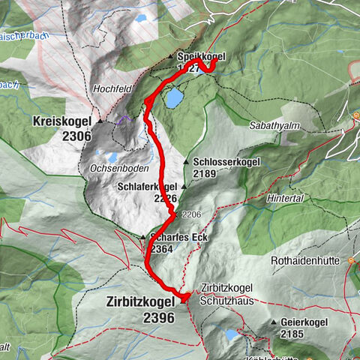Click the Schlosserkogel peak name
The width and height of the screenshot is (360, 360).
[x=226, y=161]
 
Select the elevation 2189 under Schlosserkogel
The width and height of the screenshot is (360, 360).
[x=204, y=173]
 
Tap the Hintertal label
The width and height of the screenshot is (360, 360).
[x=285, y=198]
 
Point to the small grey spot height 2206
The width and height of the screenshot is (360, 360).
[x=190, y=214]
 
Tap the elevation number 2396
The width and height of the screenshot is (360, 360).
[x=158, y=318]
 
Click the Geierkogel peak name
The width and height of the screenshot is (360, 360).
[x=304, y=321]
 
